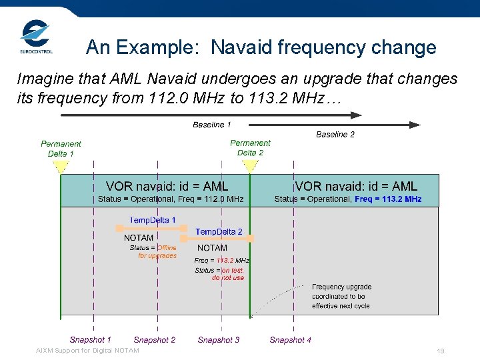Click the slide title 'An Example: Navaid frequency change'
coord(261,47)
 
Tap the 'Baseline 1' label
coord(212,125)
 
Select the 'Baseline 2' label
coord(335,135)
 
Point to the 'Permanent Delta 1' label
coord(61,149)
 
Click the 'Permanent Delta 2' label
coord(250,147)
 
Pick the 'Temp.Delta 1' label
coord(153,219)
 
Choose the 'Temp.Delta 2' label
coord(219,232)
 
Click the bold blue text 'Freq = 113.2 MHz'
coord(388,199)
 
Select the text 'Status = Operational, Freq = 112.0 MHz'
coord(171,199)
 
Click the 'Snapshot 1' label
coord(91,340)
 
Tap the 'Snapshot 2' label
coord(155,340)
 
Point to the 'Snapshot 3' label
coord(219,340)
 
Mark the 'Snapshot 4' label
coord(291,340)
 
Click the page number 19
coord(440,351)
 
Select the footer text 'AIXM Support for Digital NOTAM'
coord(87,351)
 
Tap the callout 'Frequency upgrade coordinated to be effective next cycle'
coord(341,297)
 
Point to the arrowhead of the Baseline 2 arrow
coord(415,125)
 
